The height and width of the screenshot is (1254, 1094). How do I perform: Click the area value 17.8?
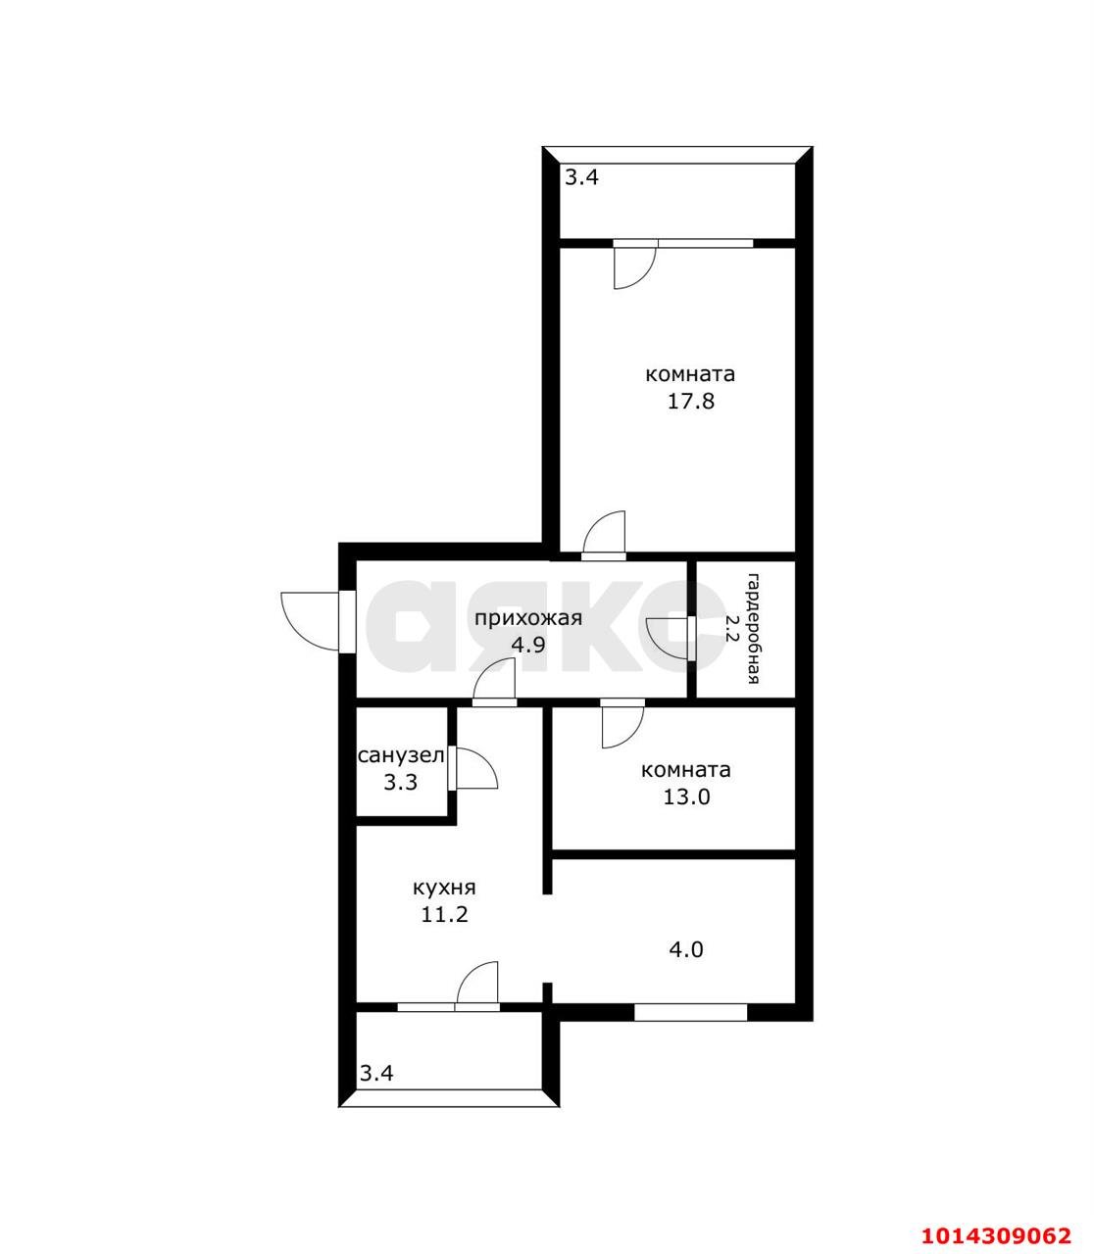(x=689, y=401)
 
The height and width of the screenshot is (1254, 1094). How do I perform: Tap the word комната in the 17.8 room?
(x=689, y=374)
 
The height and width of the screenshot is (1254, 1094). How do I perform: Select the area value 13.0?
(x=685, y=796)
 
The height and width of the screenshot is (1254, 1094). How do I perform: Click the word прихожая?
(x=528, y=618)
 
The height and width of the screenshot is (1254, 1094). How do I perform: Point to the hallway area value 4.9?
(x=527, y=645)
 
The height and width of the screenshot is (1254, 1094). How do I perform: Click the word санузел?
(x=401, y=755)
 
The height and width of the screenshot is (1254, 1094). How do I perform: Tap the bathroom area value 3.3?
(x=400, y=782)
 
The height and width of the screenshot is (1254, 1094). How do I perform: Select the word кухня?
(x=444, y=888)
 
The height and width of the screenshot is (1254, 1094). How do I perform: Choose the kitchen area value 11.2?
(x=443, y=914)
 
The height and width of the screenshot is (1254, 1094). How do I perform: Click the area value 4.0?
(x=685, y=949)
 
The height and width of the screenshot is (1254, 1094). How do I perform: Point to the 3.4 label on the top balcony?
(x=580, y=177)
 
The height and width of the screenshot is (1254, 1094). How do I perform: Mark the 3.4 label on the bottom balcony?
(x=376, y=1073)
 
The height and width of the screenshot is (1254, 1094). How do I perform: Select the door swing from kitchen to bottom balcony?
(x=478, y=983)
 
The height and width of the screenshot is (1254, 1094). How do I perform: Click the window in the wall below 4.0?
(x=690, y=1013)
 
